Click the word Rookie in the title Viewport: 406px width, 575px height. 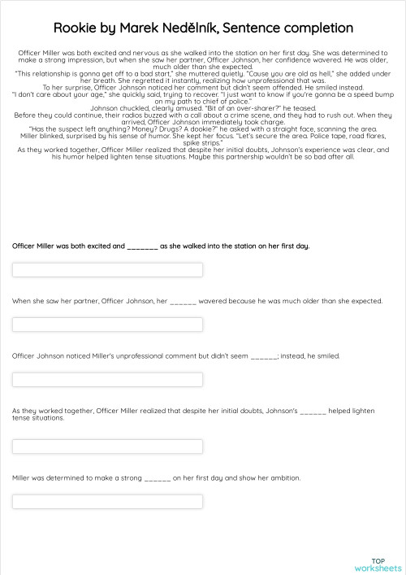[x=77, y=28]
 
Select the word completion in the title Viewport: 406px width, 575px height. [x=317, y=28]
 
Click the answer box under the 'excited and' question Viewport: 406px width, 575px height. [x=107, y=270]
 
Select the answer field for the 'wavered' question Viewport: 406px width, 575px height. [x=107, y=325]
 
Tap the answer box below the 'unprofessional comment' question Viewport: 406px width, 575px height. [x=107, y=380]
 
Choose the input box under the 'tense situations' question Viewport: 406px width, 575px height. [x=107, y=446]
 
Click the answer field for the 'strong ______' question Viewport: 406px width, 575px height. [x=107, y=501]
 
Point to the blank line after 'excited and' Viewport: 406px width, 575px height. [x=142, y=246]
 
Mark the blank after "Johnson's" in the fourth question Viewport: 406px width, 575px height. [x=313, y=412]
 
